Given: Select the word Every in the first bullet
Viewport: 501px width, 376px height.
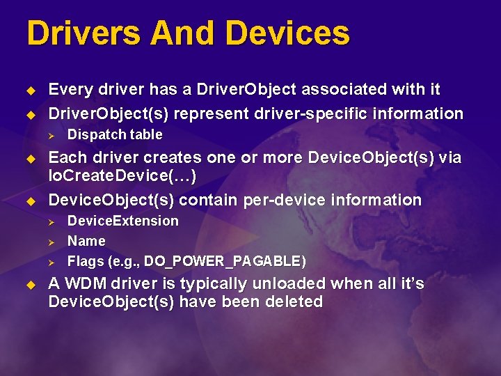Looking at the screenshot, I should click(69, 90).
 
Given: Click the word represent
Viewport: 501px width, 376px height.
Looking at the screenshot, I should click(210, 113).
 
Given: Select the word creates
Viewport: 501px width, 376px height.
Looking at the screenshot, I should click(167, 158).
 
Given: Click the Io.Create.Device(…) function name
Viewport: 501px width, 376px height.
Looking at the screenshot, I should click(122, 176).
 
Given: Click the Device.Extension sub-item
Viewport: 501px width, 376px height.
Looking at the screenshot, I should click(122, 221).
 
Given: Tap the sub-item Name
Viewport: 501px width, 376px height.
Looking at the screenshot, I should click(86, 241).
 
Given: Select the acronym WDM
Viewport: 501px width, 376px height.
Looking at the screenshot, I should click(85, 284).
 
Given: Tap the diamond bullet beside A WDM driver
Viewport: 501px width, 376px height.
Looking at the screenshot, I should click(30, 285).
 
